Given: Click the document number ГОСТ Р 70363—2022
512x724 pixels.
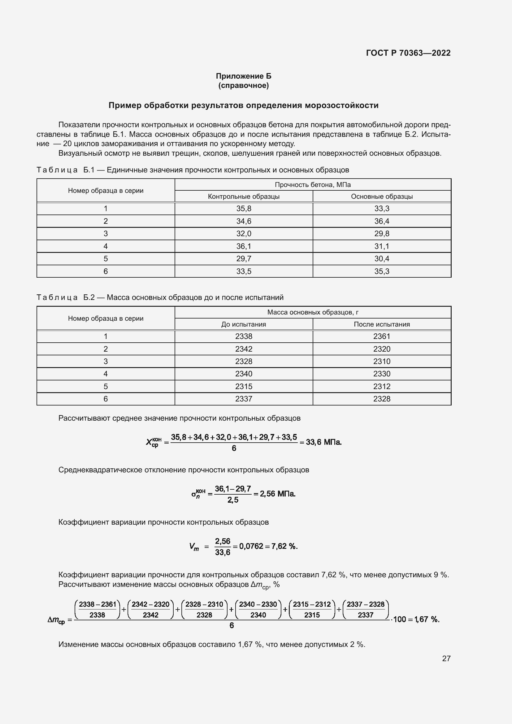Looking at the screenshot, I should click(408, 53).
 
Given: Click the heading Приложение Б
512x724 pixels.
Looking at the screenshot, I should click(243, 76).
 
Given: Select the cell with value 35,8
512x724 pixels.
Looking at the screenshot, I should click(244, 208).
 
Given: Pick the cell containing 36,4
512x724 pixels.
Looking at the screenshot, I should click(381, 221).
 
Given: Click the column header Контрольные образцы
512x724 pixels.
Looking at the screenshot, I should click(244, 197).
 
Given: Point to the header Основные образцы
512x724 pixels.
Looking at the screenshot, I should click(381, 197).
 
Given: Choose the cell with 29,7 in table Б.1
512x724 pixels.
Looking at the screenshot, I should click(244, 258).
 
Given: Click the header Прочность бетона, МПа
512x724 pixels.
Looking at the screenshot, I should click(312, 185).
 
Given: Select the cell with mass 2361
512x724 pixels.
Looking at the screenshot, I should click(381, 336).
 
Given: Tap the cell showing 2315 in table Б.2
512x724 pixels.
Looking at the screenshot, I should click(244, 386).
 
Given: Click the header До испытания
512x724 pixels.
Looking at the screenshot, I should click(244, 324).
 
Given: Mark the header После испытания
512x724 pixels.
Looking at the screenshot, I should click(381, 324).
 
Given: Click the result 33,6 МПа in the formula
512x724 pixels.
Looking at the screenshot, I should click(323, 442).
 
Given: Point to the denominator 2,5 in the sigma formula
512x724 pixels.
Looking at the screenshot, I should click(233, 500).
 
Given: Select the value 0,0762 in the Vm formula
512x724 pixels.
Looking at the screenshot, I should click(251, 546).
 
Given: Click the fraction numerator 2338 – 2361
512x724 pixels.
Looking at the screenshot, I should click(98, 604).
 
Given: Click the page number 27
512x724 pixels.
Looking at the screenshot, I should click(446, 658).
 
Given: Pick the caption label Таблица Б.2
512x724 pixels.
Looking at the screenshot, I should click(66, 297).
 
